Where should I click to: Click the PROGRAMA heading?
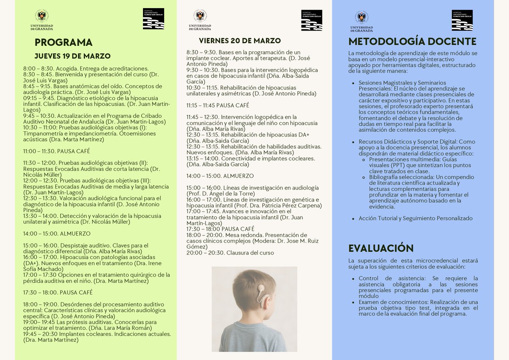tap(63, 42)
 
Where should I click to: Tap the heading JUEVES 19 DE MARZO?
tap(72, 56)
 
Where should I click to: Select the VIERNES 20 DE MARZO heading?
tap(240, 41)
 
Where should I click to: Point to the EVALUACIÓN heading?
tap(380, 248)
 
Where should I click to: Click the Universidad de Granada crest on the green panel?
tap(41, 17)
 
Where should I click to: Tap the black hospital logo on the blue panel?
tap(462, 20)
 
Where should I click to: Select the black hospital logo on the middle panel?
tap(311, 20)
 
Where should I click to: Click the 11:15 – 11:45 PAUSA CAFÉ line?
tap(218, 105)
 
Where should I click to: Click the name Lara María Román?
tap(126, 328)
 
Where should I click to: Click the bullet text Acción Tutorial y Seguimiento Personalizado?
tap(415, 218)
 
